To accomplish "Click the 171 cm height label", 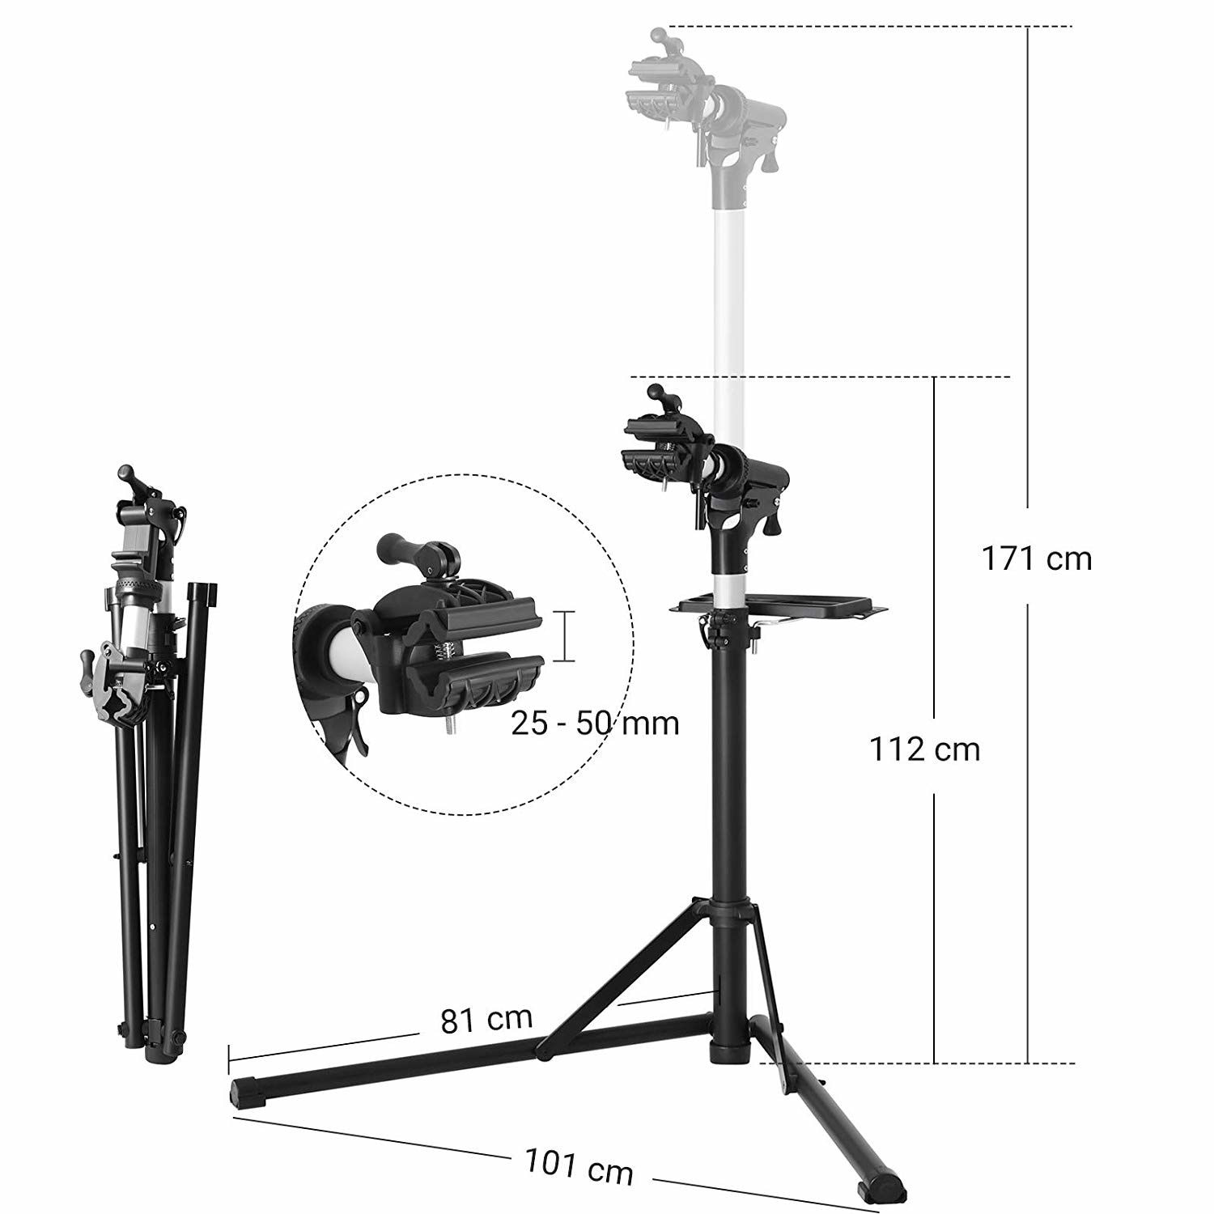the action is coord(1036,558).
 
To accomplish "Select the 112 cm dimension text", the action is coord(924,749).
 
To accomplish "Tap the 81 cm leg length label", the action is coord(486,1020).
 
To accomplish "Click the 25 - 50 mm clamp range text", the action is coord(595,723).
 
